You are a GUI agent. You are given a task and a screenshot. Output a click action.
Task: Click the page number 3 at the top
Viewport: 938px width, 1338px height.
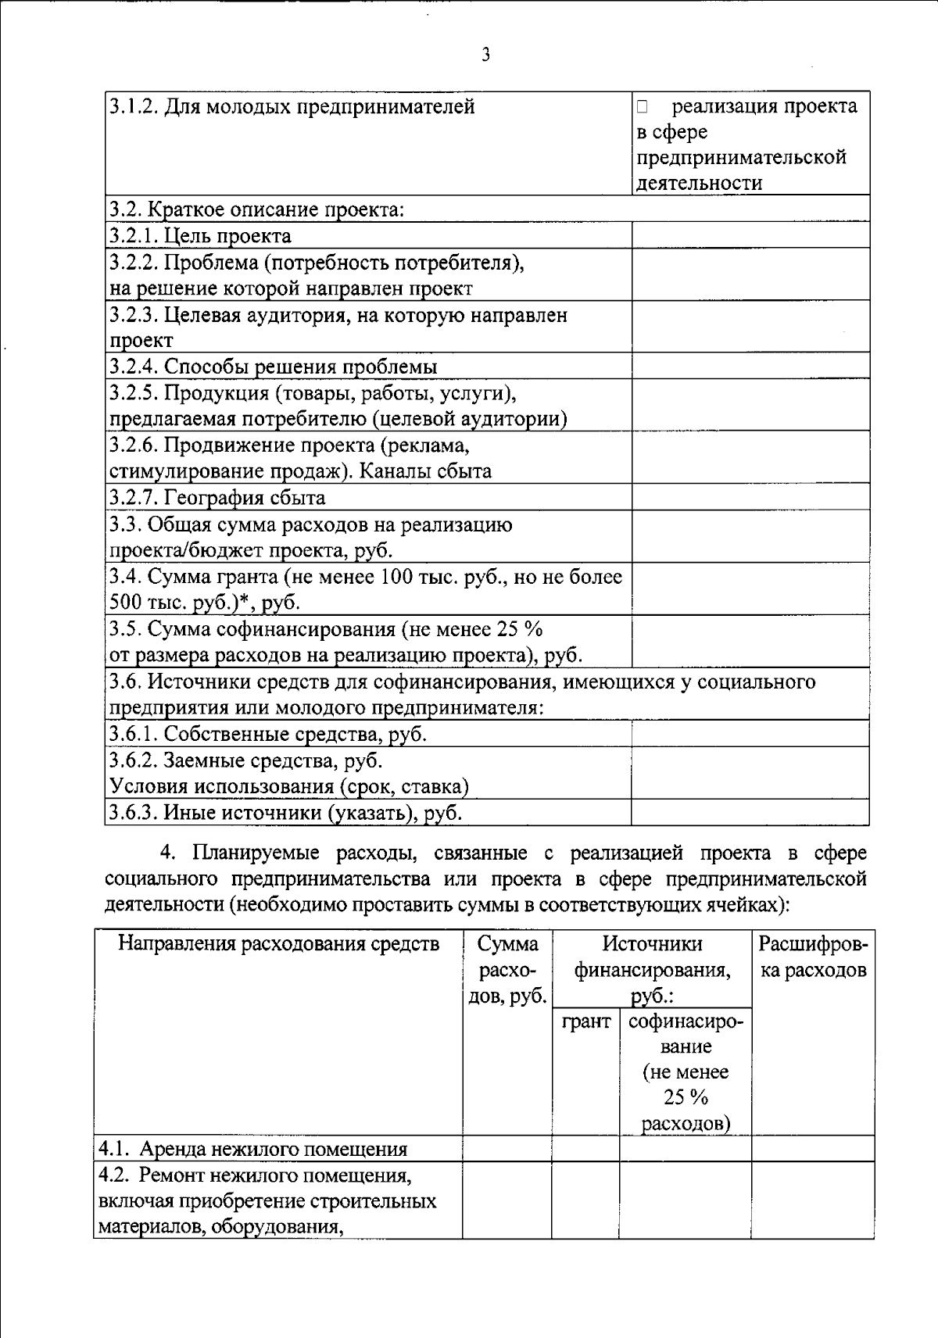486,55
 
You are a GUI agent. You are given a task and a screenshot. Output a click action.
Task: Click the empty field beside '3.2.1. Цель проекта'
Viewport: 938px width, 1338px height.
750,235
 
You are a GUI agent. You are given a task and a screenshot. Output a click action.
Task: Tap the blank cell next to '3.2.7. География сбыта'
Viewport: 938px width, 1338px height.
750,497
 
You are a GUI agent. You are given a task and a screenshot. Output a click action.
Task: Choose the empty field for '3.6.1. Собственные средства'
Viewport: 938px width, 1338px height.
750,734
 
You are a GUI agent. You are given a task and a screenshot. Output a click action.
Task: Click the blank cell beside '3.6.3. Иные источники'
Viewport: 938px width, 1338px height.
750,813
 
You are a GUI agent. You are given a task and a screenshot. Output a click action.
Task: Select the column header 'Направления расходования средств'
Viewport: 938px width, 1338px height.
278,944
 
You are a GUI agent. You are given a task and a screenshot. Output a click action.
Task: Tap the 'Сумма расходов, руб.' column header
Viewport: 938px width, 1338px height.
507,970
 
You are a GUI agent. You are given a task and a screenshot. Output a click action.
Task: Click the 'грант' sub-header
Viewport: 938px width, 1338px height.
585,1021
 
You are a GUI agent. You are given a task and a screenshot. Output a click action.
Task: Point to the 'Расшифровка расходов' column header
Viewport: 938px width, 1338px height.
812,957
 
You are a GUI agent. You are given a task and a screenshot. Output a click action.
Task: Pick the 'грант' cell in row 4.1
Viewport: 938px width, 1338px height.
585,1148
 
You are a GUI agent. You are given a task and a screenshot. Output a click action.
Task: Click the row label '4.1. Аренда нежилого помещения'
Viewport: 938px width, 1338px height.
253,1149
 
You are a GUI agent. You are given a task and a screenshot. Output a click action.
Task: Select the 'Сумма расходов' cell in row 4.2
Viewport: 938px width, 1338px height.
507,1200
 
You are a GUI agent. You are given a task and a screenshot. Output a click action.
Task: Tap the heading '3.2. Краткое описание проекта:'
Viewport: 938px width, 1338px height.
257,209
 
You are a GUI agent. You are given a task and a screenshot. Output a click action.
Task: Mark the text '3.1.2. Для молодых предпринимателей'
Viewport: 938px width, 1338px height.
292,106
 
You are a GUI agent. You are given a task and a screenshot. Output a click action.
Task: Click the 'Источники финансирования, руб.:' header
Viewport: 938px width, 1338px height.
652,970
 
